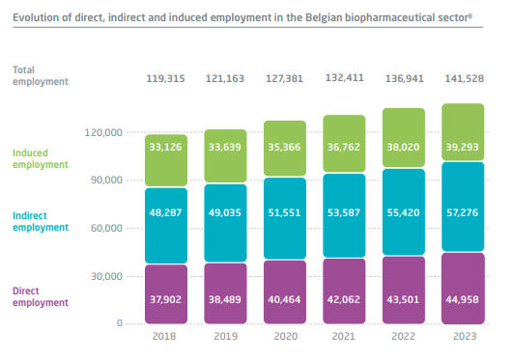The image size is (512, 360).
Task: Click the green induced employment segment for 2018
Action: [x=166, y=160]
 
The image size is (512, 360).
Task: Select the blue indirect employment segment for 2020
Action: [x=285, y=218]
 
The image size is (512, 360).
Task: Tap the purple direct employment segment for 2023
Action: [x=463, y=289]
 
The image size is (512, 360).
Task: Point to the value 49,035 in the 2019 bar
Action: [x=225, y=213]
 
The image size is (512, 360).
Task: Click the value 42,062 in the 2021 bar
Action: [x=344, y=299]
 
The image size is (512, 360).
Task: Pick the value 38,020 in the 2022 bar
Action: [x=403, y=147]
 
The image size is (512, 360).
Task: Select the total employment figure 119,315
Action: [x=165, y=78]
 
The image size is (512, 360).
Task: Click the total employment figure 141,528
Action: [x=465, y=78]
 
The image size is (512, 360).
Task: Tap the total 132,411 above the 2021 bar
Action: [x=345, y=77]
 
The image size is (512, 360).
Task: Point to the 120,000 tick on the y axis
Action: [x=103, y=133]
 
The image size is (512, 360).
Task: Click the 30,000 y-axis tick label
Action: [x=107, y=277]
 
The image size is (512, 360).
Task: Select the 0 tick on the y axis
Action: [x=120, y=322]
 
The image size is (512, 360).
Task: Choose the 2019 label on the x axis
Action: [x=226, y=336]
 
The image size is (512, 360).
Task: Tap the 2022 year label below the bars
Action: [x=404, y=336]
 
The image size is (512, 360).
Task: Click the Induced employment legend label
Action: [x=41, y=159]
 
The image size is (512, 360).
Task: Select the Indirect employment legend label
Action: [x=41, y=221]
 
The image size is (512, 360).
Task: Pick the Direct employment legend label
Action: [x=41, y=296]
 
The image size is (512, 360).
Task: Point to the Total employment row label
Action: [x=41, y=75]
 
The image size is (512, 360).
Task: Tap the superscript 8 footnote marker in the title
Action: [x=470, y=15]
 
